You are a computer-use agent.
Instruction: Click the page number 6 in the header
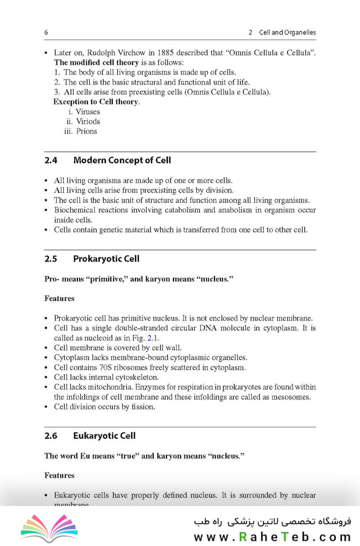[46, 32]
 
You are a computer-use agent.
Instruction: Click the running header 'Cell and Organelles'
[287, 32]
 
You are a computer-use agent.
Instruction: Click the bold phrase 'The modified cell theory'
[96, 63]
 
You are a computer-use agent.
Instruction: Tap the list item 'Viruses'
[88, 112]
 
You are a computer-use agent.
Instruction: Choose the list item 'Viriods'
[88, 121]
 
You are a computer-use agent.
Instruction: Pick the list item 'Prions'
[86, 131]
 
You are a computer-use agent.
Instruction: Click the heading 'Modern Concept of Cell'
[122, 160]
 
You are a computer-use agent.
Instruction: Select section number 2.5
[51, 259]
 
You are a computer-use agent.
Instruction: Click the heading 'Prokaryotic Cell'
[106, 259]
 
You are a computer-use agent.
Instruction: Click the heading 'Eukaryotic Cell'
[104, 436]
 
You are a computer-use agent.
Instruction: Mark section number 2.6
[51, 436]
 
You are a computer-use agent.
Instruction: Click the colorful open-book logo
[50, 528]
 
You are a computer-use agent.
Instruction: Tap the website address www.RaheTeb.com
[272, 537]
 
